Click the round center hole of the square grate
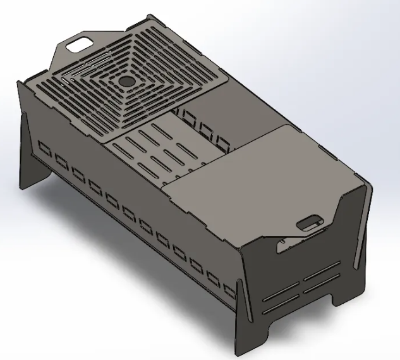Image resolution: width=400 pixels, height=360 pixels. [126, 82]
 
